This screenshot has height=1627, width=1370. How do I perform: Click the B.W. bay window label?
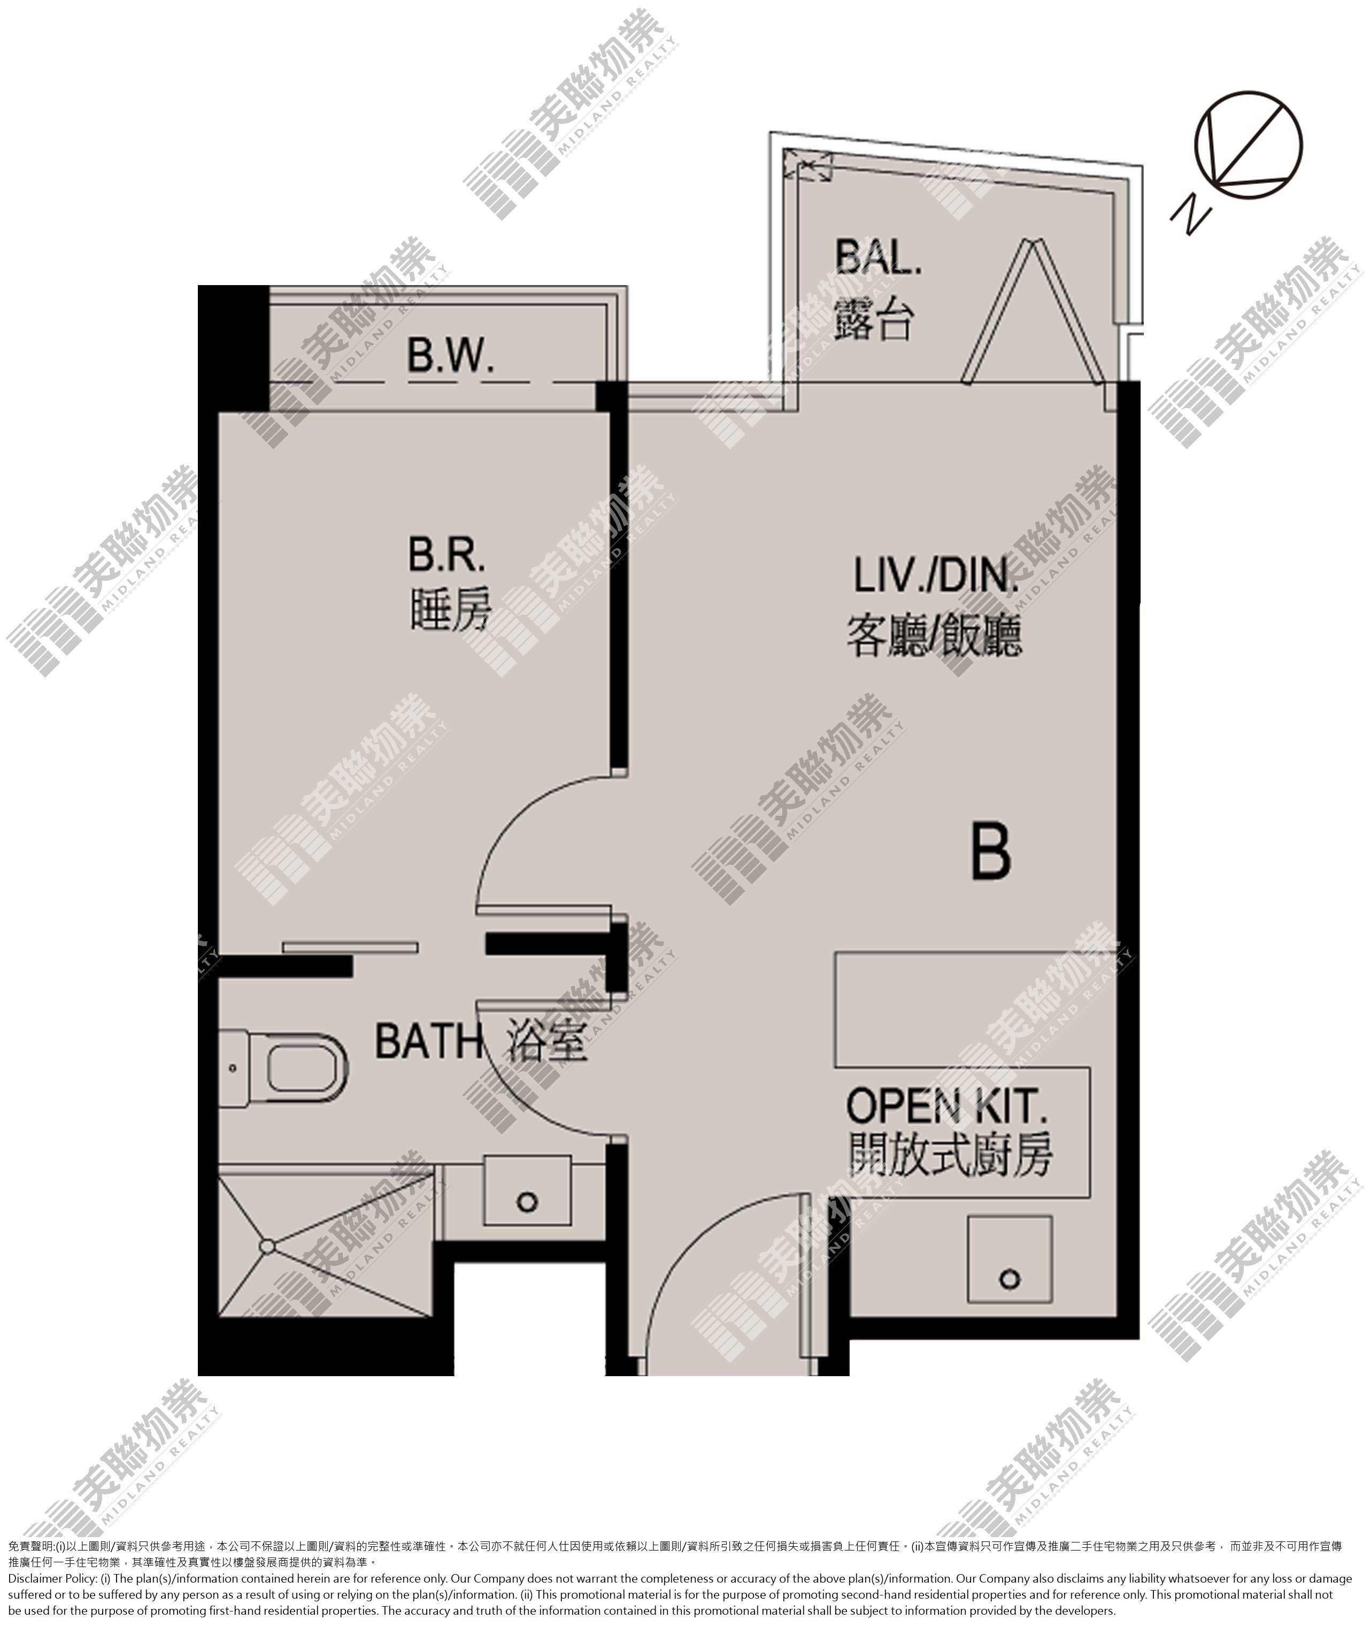[450, 357]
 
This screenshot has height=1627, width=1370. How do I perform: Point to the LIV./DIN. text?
[936, 575]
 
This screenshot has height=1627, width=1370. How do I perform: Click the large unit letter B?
[992, 852]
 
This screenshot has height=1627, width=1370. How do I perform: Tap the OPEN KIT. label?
[946, 1106]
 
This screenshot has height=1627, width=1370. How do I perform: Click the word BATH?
[428, 1041]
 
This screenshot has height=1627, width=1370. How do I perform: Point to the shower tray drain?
[267, 1247]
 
